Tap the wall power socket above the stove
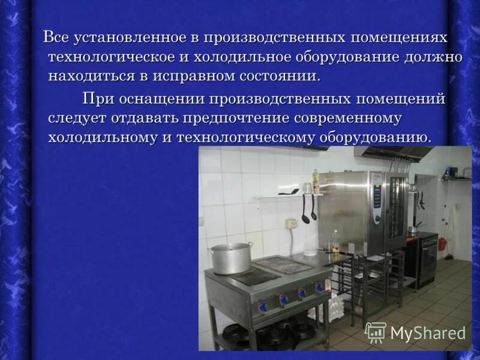pos(292,223)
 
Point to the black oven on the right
pos(427,258)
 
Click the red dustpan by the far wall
pos(442,244)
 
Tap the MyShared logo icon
pos(376,332)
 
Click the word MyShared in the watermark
pos(428,333)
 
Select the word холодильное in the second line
pos(242,58)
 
